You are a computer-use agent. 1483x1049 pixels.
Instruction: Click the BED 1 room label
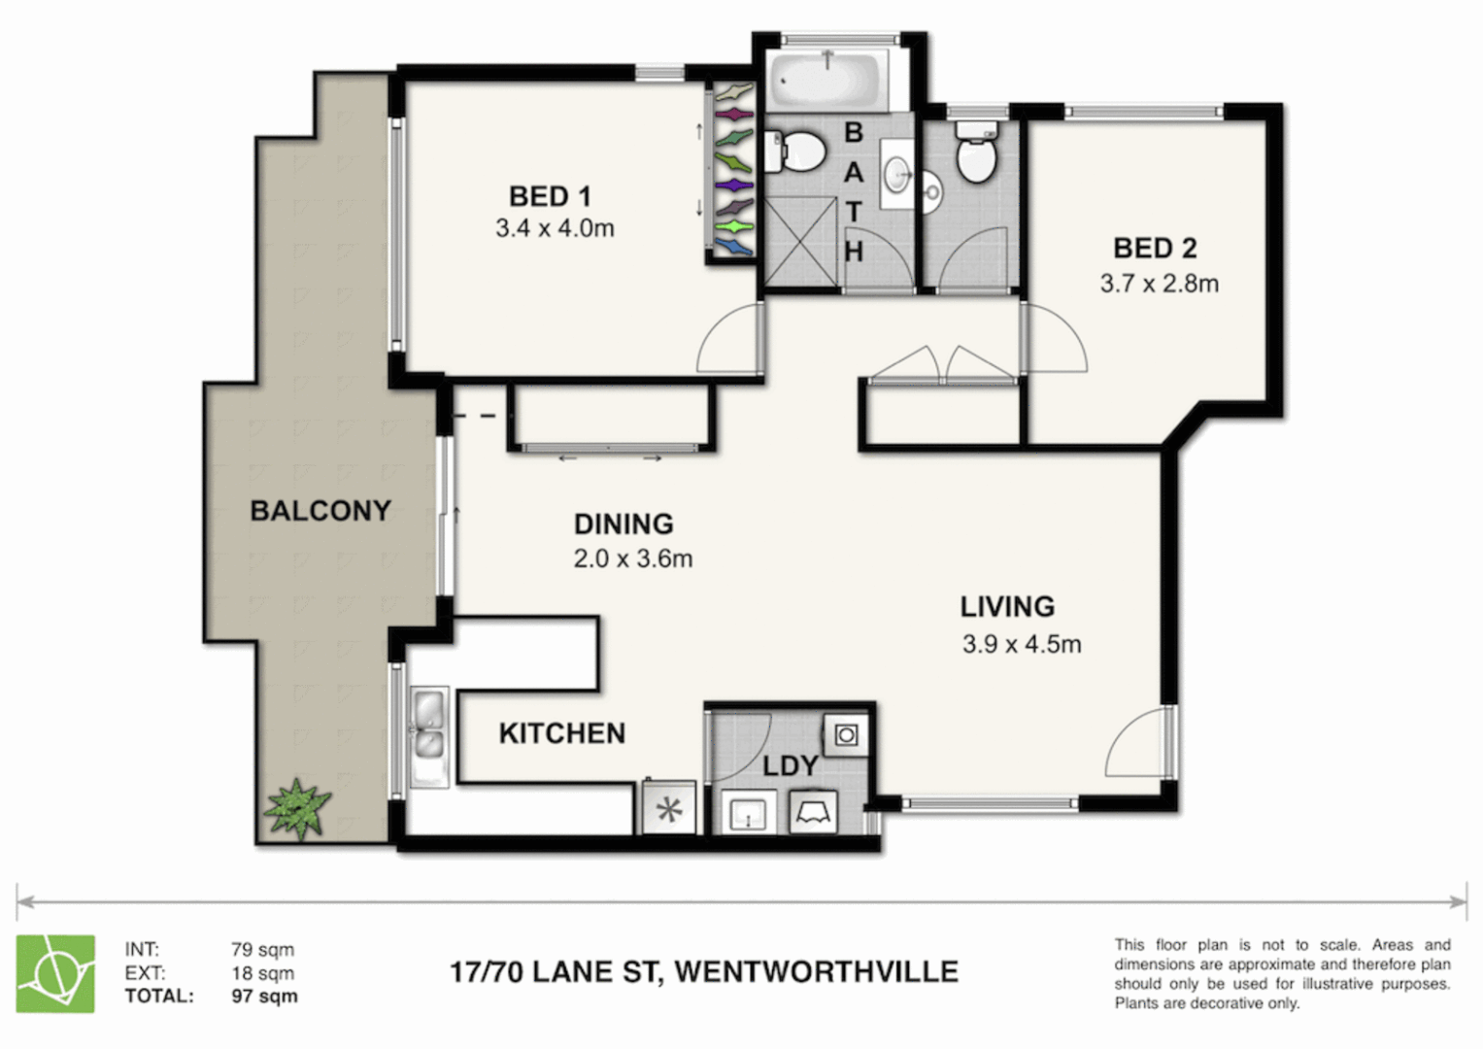click(550, 196)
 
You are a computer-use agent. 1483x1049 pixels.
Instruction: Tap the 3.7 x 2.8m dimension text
click(1159, 284)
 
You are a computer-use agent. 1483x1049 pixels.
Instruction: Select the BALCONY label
click(320, 511)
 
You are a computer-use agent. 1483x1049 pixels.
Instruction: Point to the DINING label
click(624, 524)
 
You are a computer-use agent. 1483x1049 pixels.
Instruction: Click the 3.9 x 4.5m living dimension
click(1022, 644)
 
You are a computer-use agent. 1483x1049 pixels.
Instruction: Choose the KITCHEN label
click(561, 733)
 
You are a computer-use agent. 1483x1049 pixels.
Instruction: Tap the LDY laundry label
click(790, 766)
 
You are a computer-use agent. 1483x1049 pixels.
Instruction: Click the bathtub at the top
click(827, 79)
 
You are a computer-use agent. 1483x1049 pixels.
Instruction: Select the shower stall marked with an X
click(800, 241)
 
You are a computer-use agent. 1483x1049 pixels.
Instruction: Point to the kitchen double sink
click(427, 735)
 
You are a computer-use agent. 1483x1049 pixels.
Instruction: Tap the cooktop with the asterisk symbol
click(669, 809)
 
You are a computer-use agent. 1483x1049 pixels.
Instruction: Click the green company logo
click(55, 973)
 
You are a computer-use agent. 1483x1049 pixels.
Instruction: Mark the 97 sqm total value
click(264, 997)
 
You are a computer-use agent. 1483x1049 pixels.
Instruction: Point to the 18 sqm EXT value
click(262, 973)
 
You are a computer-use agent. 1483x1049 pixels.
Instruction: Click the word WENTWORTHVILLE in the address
click(816, 972)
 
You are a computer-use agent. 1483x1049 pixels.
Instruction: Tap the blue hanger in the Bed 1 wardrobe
click(734, 249)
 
